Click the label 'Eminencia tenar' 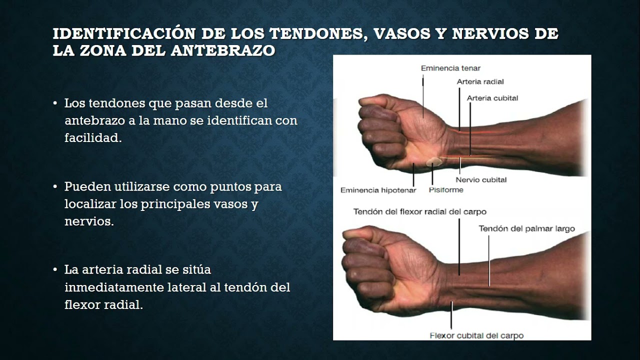pyautogui.click(x=450, y=68)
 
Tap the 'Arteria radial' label pyautogui.click(x=480, y=81)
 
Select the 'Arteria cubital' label pyautogui.click(x=492, y=98)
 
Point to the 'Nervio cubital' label pyautogui.click(x=481, y=179)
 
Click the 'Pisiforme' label pyautogui.click(x=446, y=190)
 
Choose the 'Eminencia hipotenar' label pyautogui.click(x=378, y=190)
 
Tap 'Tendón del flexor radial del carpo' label pyautogui.click(x=419, y=211)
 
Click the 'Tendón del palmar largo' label pyautogui.click(x=526, y=228)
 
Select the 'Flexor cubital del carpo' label pyautogui.click(x=476, y=335)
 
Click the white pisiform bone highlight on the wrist pyautogui.click(x=433, y=161)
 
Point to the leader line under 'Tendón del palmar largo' pyautogui.click(x=489, y=260)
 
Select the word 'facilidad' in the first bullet pyautogui.click(x=92, y=138)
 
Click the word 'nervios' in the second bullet pyautogui.click(x=88, y=221)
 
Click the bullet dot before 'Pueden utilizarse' pyautogui.click(x=55, y=187)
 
